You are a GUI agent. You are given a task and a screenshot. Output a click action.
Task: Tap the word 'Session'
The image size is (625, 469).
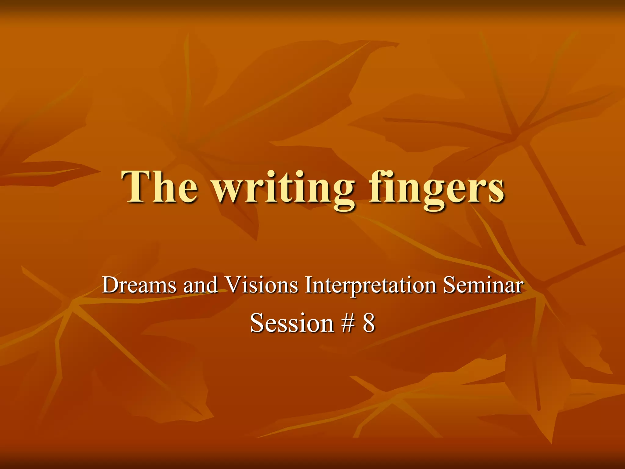292,323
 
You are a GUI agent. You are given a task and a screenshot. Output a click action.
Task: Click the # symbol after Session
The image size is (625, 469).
348,323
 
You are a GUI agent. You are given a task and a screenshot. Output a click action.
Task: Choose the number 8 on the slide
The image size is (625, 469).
369,323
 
